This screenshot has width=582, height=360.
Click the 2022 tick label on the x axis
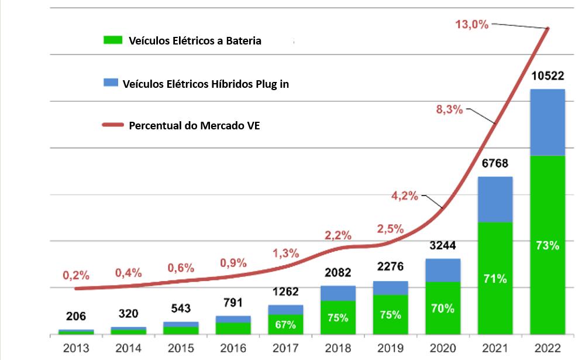point(547,348)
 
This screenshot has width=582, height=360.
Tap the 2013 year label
point(76,348)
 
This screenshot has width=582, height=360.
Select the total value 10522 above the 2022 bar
point(547,77)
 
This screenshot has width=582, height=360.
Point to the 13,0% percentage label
point(471,25)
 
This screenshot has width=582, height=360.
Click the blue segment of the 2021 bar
point(495,199)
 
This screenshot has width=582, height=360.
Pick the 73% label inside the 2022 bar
point(547,245)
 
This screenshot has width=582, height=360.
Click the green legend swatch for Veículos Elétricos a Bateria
point(112,40)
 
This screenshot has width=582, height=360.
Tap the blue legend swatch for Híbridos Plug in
point(110,83)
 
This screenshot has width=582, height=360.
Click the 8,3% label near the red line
point(450,109)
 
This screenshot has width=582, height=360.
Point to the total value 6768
point(495,164)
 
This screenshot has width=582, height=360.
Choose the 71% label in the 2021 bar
point(495,279)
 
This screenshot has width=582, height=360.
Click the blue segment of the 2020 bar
point(443,270)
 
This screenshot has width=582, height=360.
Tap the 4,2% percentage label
point(404,196)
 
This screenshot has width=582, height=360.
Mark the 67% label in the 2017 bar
point(285,324)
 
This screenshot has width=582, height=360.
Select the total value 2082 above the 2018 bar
point(338,273)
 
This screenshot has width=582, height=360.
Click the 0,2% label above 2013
point(76,275)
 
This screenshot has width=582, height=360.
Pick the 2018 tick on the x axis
point(338,348)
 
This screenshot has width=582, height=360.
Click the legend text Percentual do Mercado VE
point(194,125)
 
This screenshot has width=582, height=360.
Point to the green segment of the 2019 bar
point(390,315)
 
